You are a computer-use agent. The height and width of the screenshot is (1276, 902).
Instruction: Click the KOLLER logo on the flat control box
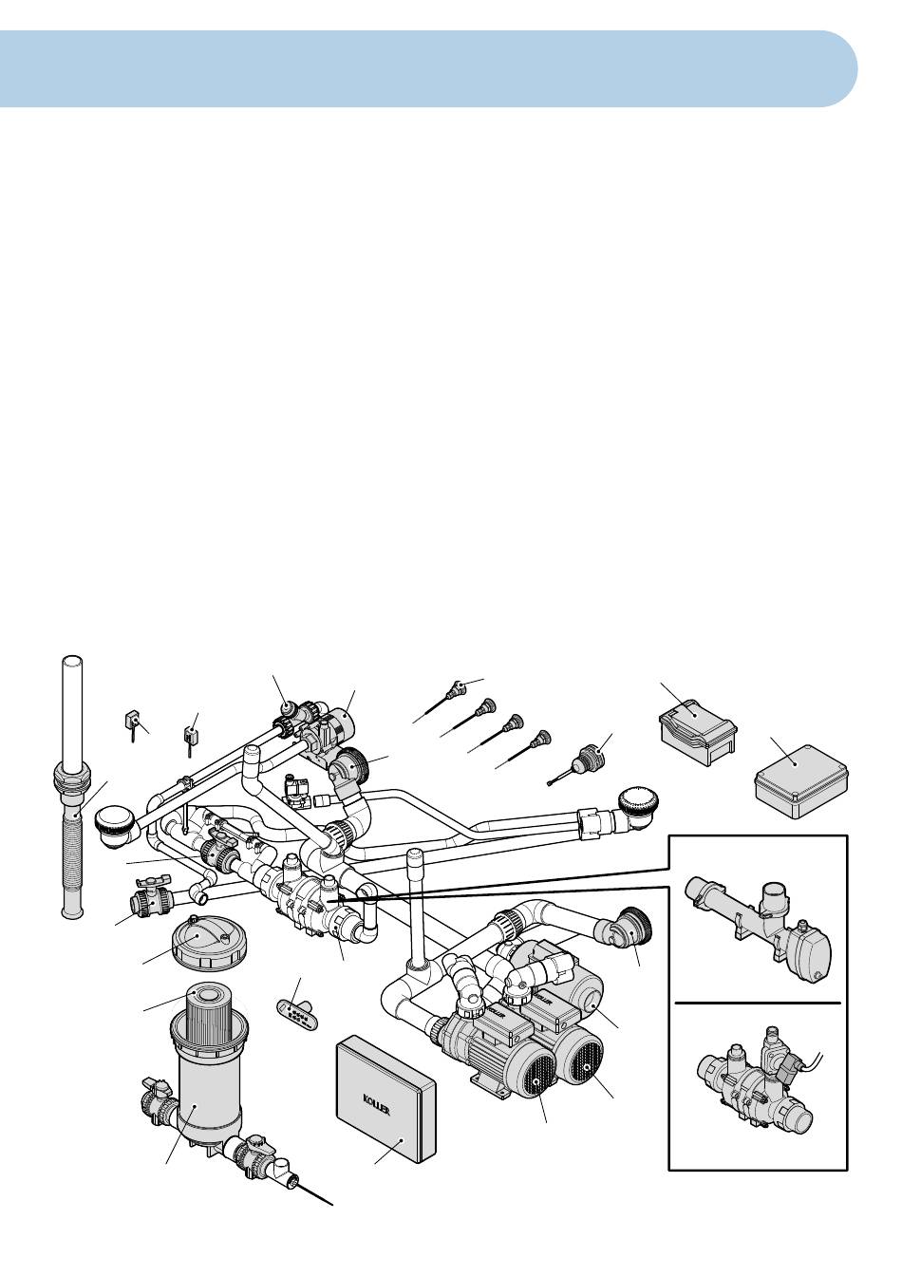377,1104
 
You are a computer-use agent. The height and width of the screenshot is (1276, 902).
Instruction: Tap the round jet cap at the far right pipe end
638,805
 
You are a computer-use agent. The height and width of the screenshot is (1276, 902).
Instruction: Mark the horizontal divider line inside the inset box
758,1001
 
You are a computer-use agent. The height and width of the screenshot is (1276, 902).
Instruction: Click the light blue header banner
428,69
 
